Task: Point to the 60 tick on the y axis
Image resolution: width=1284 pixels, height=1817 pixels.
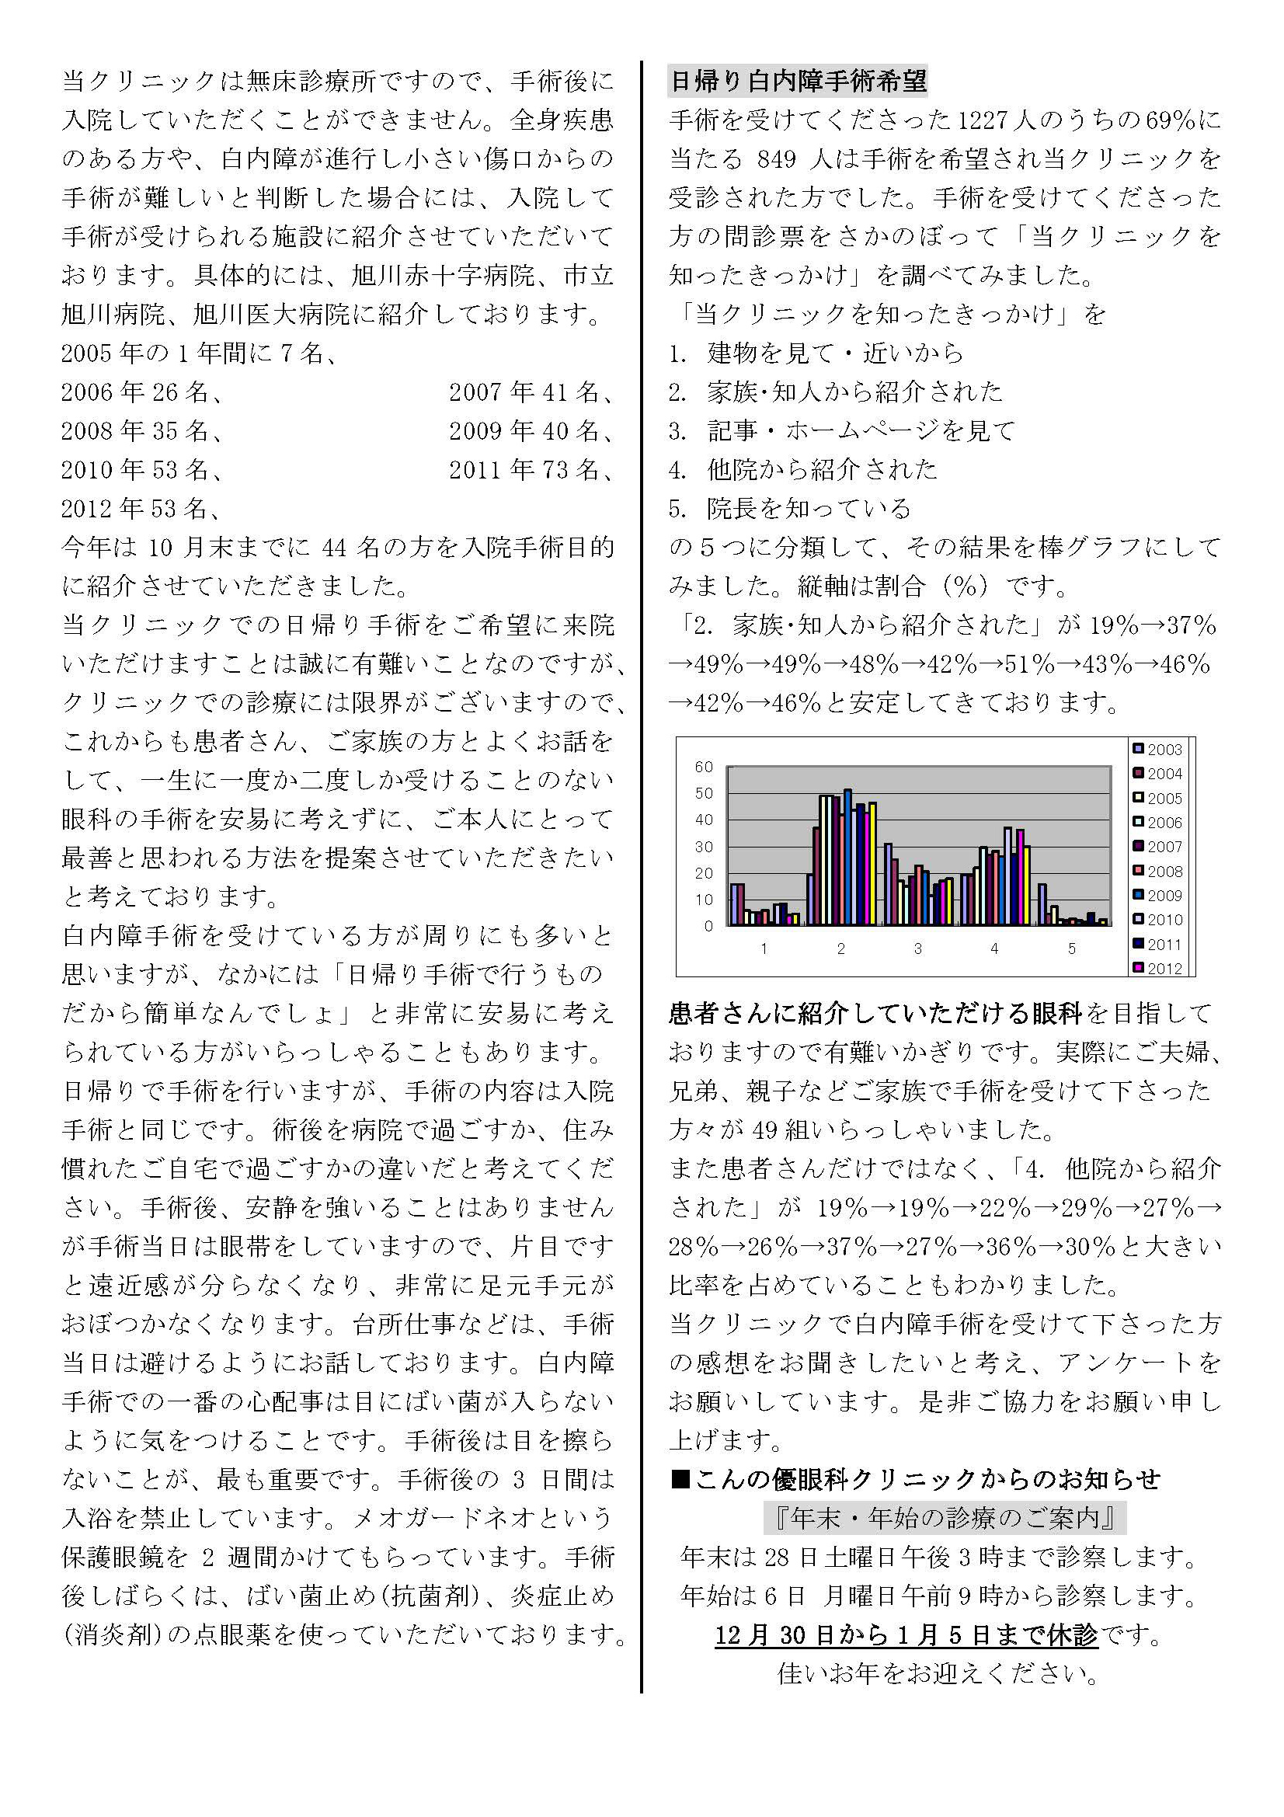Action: tap(704, 767)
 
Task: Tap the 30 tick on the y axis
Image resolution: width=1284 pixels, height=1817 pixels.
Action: tap(704, 847)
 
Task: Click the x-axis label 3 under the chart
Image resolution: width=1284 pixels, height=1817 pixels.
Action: tap(917, 948)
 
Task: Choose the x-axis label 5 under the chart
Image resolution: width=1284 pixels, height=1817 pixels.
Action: tap(1072, 948)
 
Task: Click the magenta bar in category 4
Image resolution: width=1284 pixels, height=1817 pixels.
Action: tap(1021, 877)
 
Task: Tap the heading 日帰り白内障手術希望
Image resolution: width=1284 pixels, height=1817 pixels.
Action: tap(798, 82)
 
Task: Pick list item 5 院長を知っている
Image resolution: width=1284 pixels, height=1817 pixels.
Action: tap(809, 508)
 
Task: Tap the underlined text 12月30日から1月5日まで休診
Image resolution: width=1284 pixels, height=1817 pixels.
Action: tap(906, 1635)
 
